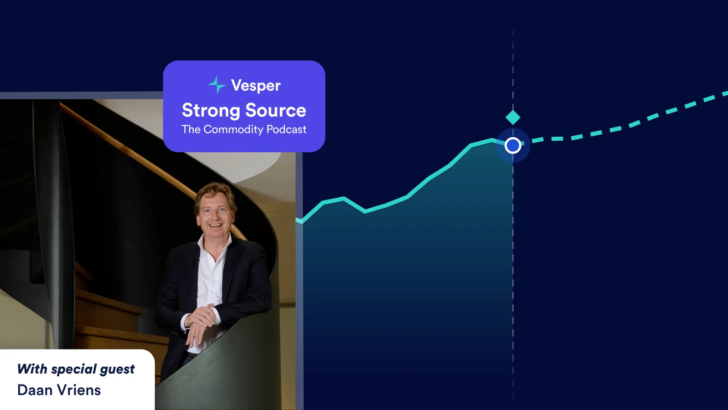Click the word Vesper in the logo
pos(256,86)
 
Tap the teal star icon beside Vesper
pos(217,85)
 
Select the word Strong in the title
pos(211,111)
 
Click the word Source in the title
pos(276,110)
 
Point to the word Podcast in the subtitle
pos(286,129)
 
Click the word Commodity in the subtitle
pos(233,129)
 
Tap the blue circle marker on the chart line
pos(513,145)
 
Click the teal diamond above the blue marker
pos(513,118)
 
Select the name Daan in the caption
pos(35,390)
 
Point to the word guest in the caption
pos(117,369)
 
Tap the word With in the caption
pos(32,369)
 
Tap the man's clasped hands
pos(200,321)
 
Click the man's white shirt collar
pos(214,245)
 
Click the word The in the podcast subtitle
pos(191,129)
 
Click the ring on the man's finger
pos(196,332)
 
